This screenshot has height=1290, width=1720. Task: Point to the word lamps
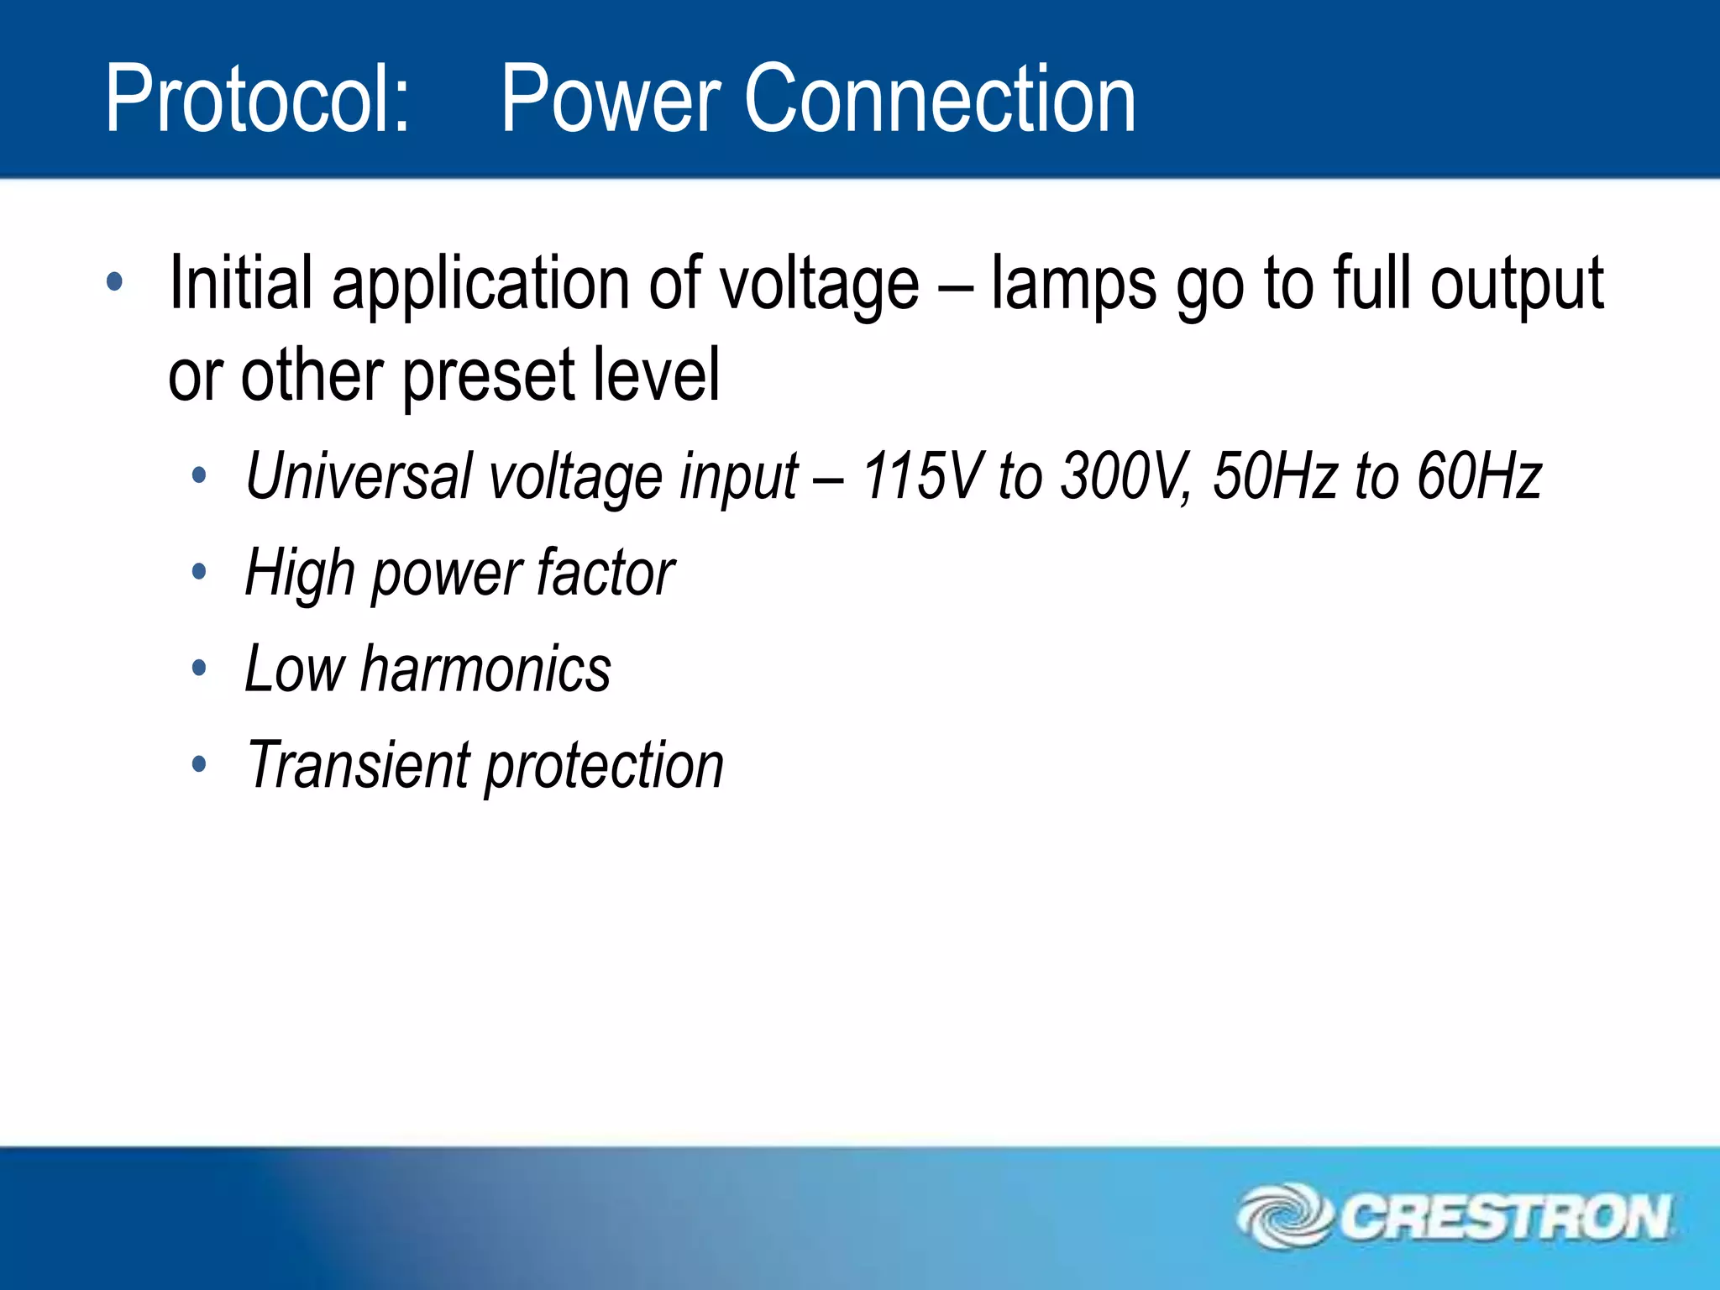(x=1074, y=285)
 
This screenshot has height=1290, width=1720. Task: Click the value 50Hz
(x=1275, y=476)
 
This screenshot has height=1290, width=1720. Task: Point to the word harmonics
(x=485, y=669)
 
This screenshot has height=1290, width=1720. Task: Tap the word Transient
(x=358, y=765)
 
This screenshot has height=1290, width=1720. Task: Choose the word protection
(x=605, y=767)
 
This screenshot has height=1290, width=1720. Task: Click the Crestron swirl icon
(x=1284, y=1215)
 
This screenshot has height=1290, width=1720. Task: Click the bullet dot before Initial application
(x=115, y=282)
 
